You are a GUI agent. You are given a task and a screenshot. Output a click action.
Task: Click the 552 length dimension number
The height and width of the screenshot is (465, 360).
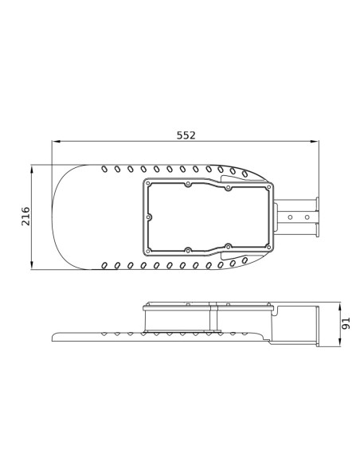(186, 135)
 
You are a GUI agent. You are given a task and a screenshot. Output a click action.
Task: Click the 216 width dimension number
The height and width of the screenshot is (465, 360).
(25, 217)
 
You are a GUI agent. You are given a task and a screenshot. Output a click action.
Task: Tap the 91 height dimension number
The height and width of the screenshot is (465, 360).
(346, 323)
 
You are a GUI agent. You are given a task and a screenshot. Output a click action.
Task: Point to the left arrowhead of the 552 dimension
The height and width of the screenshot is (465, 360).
(56, 142)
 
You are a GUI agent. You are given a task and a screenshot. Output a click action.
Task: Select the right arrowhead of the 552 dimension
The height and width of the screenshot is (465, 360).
(315, 142)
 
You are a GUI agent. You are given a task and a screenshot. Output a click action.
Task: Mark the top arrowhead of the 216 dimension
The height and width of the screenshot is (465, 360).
(32, 170)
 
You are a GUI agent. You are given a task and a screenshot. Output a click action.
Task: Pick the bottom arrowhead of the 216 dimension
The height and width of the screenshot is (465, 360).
(32, 265)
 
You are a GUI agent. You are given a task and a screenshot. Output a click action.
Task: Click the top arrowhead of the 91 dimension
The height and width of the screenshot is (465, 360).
(340, 307)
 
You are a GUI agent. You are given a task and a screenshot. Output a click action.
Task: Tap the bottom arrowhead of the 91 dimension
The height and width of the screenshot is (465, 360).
(340, 342)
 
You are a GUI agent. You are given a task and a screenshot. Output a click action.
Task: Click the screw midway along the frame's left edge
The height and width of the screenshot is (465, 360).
(149, 217)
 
